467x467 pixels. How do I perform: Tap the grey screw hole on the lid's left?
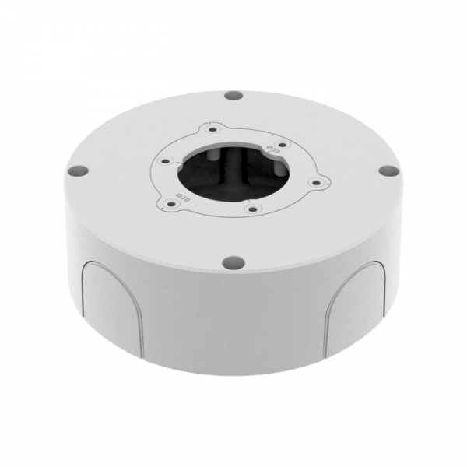tap(76, 169)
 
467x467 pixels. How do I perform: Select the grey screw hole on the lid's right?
tap(384, 172)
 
